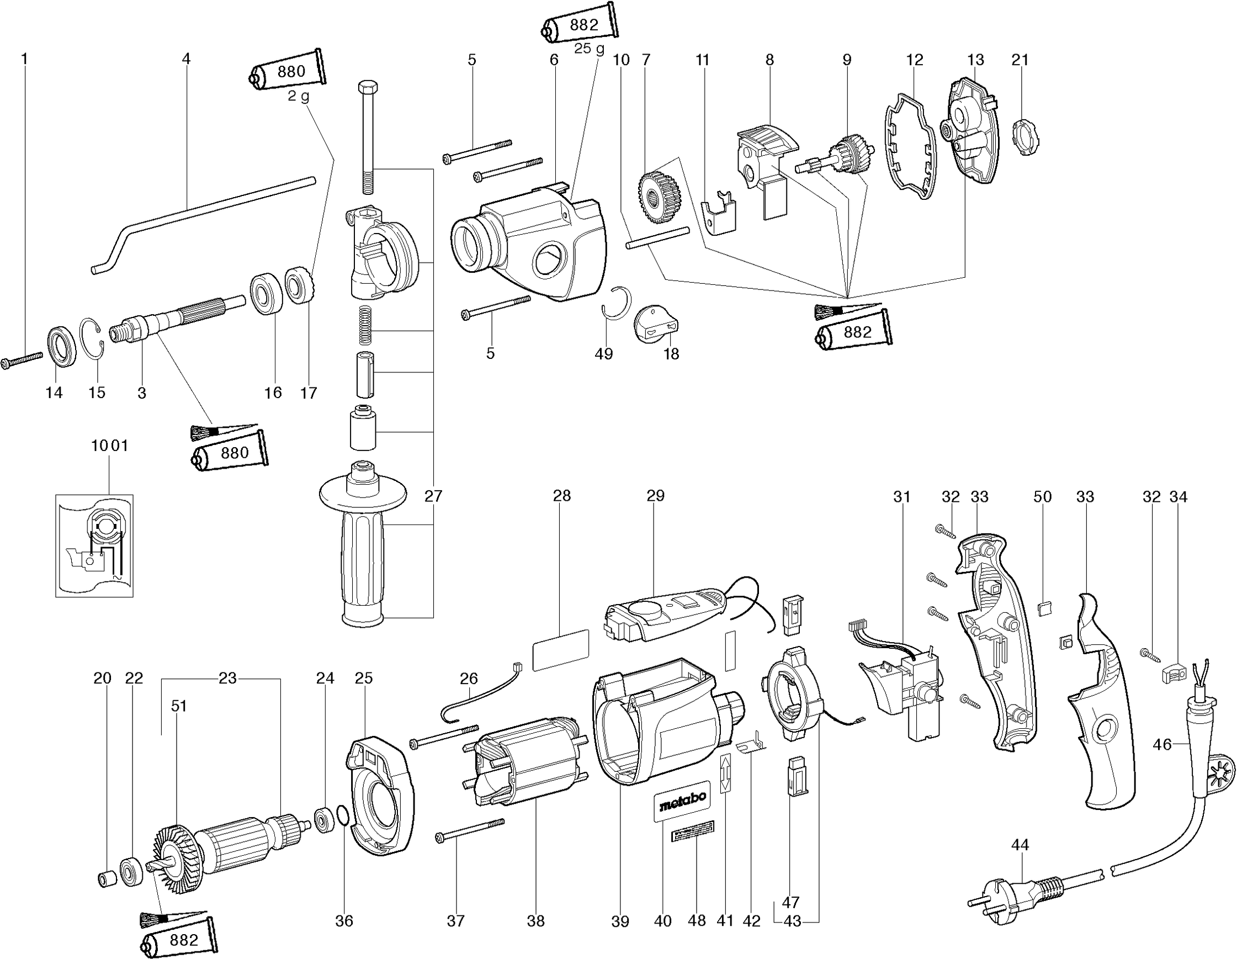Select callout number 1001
110,446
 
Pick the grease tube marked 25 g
581,25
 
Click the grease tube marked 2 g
288,72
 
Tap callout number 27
433,497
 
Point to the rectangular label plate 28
561,649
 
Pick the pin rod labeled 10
657,237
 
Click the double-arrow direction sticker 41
725,773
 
